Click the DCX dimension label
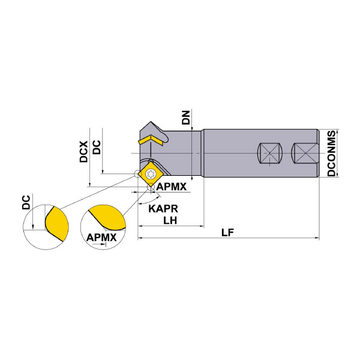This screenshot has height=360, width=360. (84, 152)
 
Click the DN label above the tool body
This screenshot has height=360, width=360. (186, 118)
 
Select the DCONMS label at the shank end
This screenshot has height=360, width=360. (331, 153)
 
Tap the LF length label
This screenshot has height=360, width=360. (227, 233)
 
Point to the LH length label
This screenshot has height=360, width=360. (170, 220)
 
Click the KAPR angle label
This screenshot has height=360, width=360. (163, 209)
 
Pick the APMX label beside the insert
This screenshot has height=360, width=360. (172, 187)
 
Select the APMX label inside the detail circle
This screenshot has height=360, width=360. (101, 238)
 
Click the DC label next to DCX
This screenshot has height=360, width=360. (97, 148)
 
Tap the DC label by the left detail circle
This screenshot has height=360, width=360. (26, 202)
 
